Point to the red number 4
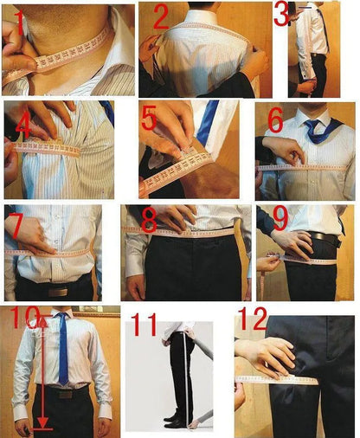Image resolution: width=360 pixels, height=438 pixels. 23,126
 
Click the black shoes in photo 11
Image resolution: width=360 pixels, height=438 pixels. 177,420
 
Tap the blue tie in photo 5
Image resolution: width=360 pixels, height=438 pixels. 207,122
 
